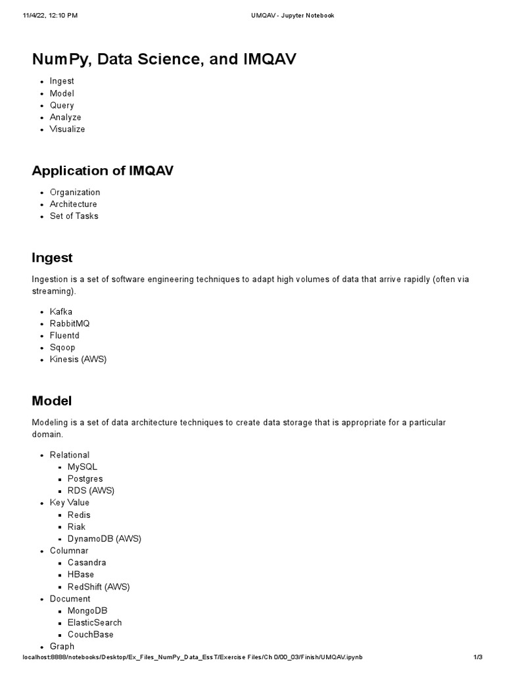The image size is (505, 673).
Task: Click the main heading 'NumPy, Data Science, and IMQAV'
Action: (x=164, y=59)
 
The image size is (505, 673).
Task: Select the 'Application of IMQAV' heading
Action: (x=103, y=171)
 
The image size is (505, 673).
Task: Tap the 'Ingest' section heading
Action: (x=52, y=258)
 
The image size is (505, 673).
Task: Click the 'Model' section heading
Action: (x=51, y=401)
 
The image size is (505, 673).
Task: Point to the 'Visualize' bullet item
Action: (x=67, y=129)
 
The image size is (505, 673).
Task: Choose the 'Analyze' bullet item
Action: (x=65, y=117)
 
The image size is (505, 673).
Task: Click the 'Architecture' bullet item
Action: (x=73, y=204)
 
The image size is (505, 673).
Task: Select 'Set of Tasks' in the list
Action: (x=74, y=216)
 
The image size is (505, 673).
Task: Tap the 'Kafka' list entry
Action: (x=60, y=312)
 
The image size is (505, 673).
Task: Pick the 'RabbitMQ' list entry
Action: (x=70, y=323)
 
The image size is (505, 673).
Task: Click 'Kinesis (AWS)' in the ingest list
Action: (x=78, y=360)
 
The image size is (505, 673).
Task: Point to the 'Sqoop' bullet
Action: (x=62, y=347)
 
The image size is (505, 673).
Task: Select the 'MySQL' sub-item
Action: (x=82, y=467)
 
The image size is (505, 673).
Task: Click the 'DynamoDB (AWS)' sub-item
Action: (x=104, y=538)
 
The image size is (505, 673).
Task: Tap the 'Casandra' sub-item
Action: (x=87, y=563)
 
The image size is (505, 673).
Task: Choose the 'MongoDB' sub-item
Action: (x=87, y=611)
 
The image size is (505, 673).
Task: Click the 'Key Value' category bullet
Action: (x=69, y=503)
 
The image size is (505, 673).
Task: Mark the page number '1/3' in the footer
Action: (x=478, y=657)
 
